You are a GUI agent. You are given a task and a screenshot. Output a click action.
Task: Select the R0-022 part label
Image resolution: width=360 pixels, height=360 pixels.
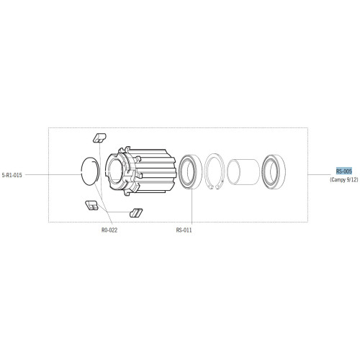[x=109, y=231]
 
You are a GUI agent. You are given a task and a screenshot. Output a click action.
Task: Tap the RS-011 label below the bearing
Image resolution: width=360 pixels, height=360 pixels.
[x=184, y=231]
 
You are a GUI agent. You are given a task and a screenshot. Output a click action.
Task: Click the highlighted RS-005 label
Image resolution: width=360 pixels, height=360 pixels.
[x=343, y=171]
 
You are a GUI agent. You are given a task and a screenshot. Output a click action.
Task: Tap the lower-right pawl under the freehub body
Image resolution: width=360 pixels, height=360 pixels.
[x=135, y=212]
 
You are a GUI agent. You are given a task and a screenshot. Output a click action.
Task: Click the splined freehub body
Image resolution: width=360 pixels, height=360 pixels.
[x=144, y=173]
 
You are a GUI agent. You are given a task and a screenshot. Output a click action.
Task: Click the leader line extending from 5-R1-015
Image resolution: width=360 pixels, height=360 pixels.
[x=50, y=174]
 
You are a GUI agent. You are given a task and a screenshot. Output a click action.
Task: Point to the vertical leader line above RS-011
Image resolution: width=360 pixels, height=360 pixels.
[x=192, y=209]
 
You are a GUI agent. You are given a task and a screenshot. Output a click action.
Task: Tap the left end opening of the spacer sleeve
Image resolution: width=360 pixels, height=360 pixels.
[x=233, y=174]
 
